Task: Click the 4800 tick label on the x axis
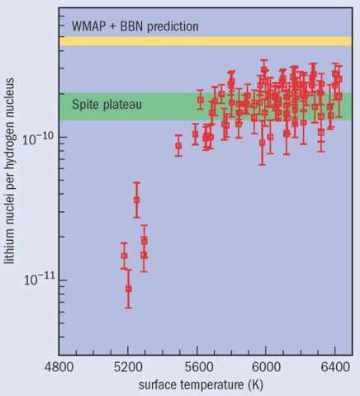click(59, 367)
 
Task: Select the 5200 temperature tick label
click(128, 367)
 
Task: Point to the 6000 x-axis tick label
click(267, 367)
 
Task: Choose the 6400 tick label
click(335, 367)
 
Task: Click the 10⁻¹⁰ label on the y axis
click(39, 139)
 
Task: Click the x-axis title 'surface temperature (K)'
click(201, 384)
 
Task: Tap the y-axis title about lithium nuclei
click(9, 171)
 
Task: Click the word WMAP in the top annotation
click(88, 26)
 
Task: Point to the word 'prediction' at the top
click(173, 26)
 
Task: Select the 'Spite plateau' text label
click(107, 105)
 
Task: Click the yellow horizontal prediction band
click(206, 41)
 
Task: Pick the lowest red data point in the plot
click(129, 289)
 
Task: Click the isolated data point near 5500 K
click(178, 145)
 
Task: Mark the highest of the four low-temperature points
click(136, 200)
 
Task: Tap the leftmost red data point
click(124, 256)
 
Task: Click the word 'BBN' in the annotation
click(130, 26)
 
